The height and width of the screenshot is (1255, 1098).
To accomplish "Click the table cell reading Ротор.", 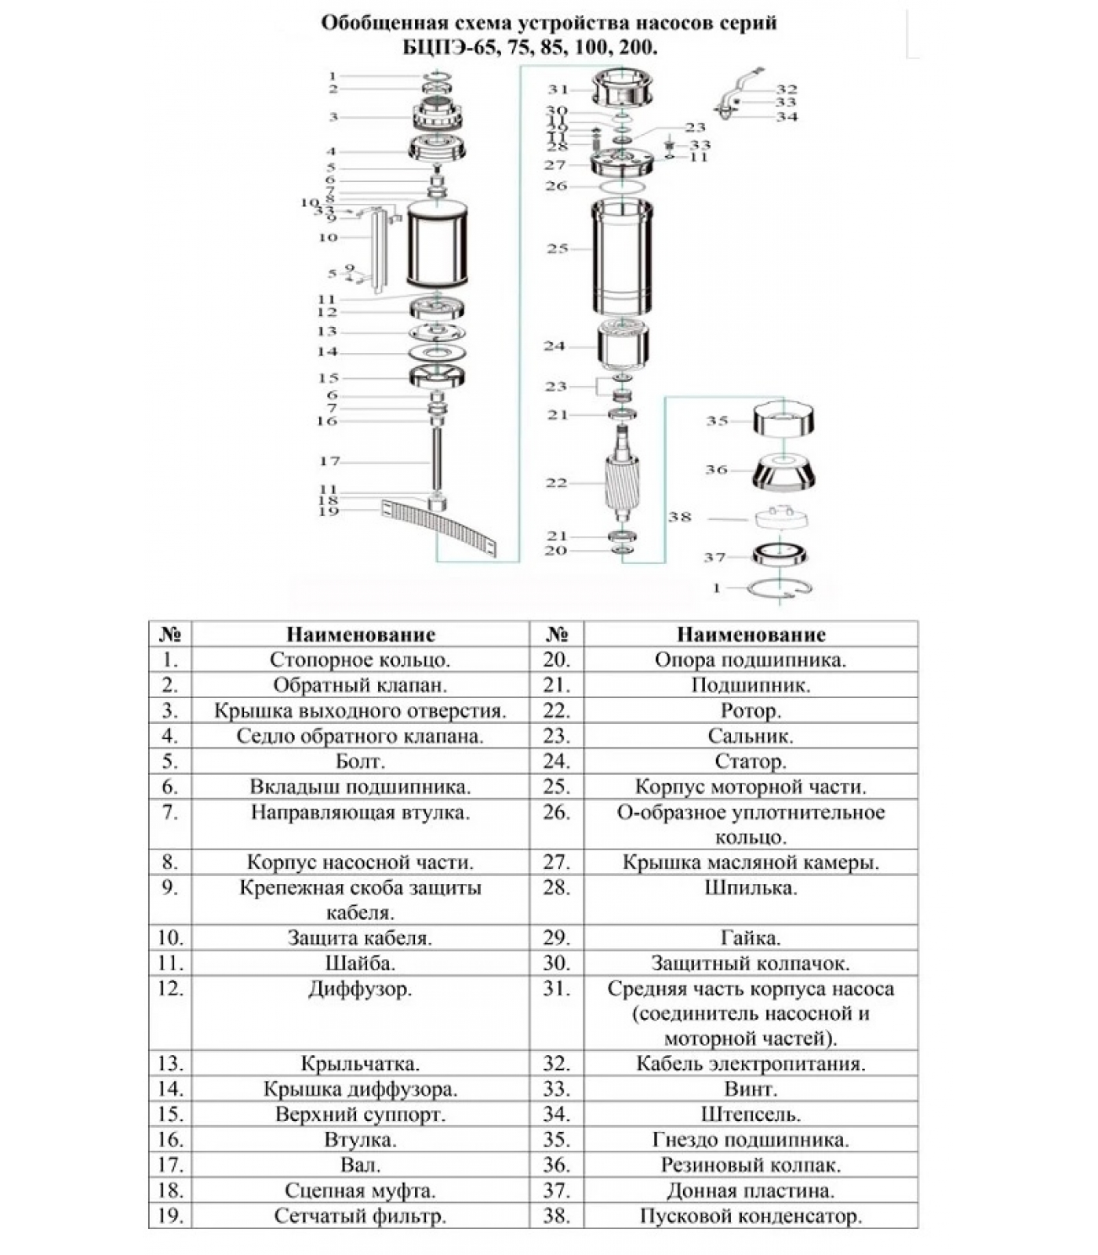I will (x=751, y=711).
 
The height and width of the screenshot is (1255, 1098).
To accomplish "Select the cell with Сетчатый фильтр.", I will (x=360, y=1216).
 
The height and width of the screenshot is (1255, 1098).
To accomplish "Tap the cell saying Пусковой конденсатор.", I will (x=751, y=1216).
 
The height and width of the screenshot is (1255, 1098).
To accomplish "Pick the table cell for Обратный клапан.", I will (x=360, y=685).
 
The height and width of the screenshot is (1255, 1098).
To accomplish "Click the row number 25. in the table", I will (x=556, y=787).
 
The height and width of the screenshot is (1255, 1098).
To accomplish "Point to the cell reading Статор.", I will (x=751, y=761).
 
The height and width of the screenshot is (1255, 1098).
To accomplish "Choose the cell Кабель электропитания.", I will (x=751, y=1064).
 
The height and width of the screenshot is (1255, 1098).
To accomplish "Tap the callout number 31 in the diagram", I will (x=558, y=89).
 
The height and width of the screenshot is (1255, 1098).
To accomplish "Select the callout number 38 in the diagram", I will (x=680, y=517).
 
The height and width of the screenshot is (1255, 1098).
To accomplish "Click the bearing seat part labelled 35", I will (x=784, y=420).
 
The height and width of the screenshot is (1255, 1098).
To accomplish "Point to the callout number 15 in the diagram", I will (x=328, y=378).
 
